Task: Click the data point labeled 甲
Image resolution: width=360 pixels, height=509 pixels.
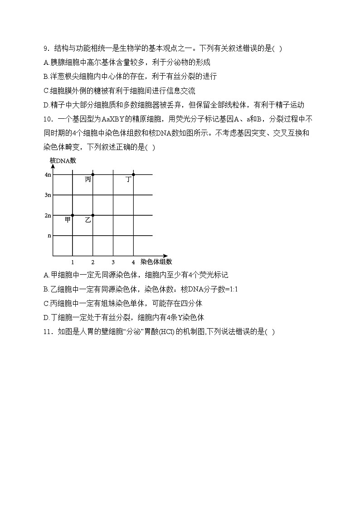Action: (73, 215)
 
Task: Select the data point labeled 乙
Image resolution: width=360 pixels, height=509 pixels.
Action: (93, 215)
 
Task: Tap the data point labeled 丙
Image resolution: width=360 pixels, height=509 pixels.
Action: (93, 175)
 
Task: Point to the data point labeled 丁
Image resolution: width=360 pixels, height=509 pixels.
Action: (133, 175)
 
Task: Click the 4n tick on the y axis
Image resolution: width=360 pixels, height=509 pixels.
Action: (48, 175)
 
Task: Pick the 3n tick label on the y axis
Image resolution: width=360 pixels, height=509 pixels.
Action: (48, 195)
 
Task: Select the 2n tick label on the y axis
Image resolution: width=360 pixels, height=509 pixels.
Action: (48, 215)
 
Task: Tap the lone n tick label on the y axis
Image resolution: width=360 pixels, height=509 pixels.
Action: (49, 236)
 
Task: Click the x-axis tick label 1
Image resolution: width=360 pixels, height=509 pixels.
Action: (73, 262)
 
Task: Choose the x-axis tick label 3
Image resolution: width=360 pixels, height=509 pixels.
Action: (113, 262)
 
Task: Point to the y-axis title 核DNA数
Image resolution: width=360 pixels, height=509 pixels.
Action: (63, 160)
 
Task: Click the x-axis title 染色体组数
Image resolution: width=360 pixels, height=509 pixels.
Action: (156, 262)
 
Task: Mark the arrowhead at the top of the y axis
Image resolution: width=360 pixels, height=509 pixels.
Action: (53, 166)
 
